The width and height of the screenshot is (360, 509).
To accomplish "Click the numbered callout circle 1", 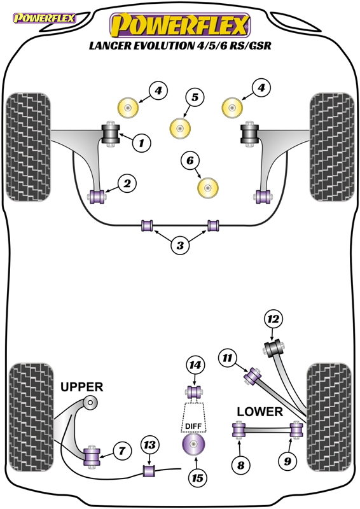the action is tap(142, 143).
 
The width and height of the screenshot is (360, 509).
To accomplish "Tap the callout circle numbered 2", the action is tap(127, 183).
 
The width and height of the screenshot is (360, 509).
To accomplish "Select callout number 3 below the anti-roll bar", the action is tap(180, 245).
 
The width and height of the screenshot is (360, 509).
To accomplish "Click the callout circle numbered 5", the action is tap(195, 97).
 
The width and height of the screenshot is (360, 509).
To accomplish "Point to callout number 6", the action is tap(190, 160).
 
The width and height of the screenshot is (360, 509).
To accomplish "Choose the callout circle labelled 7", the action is tap(122, 450).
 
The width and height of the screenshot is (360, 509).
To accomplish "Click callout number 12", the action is tap(273, 319).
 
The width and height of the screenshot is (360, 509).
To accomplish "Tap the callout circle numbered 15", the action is tap(197, 478).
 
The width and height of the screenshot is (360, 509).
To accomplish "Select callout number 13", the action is tap(149, 445).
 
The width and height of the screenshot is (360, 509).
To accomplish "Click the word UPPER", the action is tap(82, 387).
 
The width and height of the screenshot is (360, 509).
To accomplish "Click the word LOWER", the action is tap(260, 412).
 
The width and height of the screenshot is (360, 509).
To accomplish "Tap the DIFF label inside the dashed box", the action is tap(193, 426).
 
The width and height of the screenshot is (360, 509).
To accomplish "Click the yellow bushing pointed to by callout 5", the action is tap(180, 129).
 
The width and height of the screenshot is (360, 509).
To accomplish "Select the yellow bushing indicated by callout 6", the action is tap(208, 188).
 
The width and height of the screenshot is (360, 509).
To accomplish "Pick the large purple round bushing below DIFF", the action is tap(193, 444).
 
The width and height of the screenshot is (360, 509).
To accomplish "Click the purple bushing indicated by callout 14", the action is tap(195, 392).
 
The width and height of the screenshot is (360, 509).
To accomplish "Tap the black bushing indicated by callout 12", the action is tap(273, 348).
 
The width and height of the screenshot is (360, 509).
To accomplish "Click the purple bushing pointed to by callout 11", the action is tap(253, 377).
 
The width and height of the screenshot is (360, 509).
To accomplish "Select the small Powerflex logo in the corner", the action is tap(44, 18).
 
